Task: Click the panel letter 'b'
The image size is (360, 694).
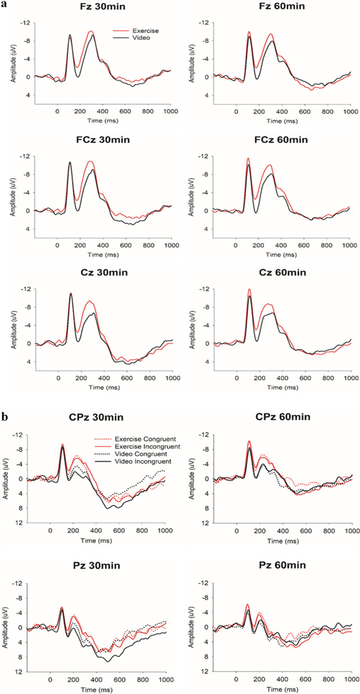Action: point(4,402)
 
